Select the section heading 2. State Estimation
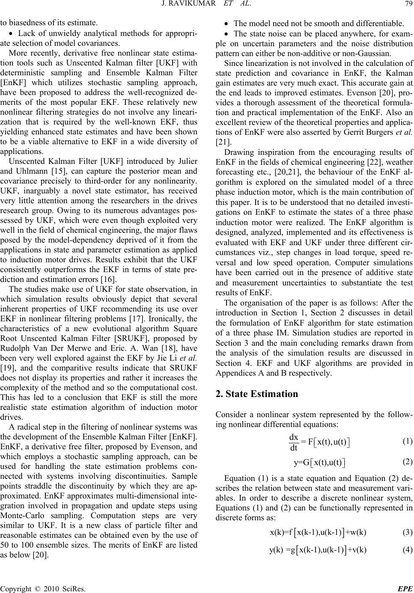[x=256, y=394]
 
